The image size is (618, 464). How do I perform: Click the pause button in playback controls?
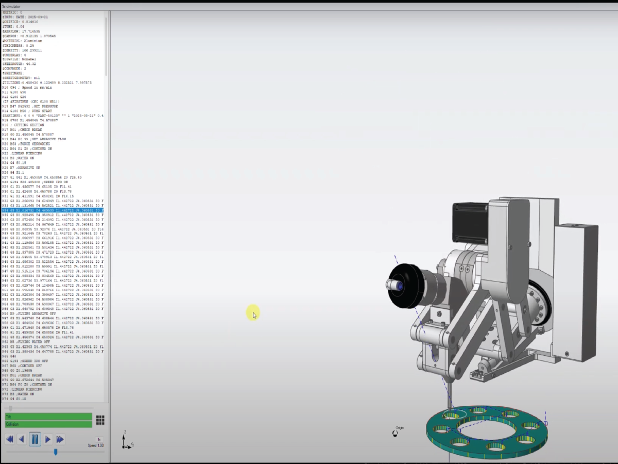pyautogui.click(x=35, y=439)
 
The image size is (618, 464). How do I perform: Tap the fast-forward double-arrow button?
pyautogui.click(x=60, y=439)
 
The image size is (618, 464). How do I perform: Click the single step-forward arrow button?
pyautogui.click(x=48, y=439)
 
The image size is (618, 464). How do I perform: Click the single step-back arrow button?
pyautogui.click(x=21, y=439)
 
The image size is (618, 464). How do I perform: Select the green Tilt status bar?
pyautogui.click(x=48, y=416)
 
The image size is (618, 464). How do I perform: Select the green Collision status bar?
pyautogui.click(x=48, y=424)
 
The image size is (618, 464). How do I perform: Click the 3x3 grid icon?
pyautogui.click(x=100, y=420)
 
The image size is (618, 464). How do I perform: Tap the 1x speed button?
pyautogui.click(x=99, y=439)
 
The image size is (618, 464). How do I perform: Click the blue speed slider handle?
pyautogui.click(x=56, y=452)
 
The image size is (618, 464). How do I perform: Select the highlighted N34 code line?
pyautogui.click(x=51, y=210)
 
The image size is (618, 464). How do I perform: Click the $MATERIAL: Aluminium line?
pyautogui.click(x=26, y=41)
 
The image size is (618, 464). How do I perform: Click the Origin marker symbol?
pyautogui.click(x=395, y=433)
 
